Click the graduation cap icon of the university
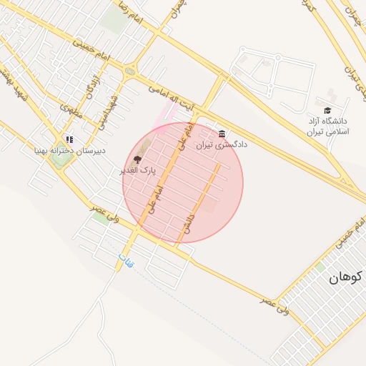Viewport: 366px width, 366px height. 327,110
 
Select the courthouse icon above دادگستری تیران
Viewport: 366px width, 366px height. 222,134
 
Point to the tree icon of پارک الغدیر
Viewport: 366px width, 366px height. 137,159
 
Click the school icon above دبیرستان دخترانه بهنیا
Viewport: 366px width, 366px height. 69,139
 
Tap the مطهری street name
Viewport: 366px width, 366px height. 71,111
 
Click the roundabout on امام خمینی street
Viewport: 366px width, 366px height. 129,71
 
